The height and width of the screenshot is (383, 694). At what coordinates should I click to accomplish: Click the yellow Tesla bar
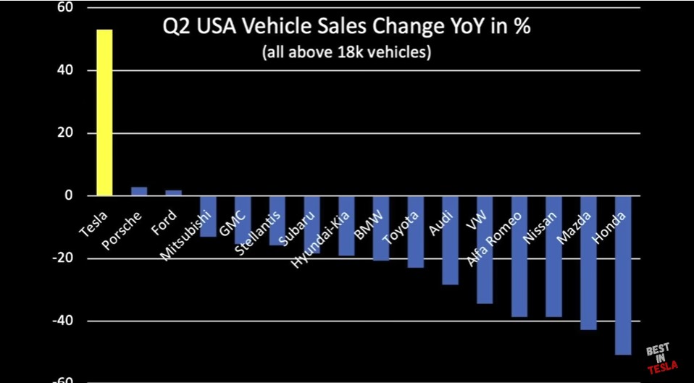coord(104,113)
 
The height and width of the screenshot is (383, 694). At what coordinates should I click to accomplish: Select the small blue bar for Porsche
coord(139,191)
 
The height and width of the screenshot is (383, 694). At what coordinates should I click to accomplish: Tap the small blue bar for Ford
coord(173,193)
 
